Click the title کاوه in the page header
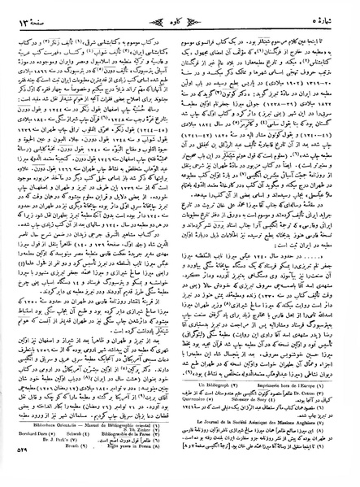tap(180, 10)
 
